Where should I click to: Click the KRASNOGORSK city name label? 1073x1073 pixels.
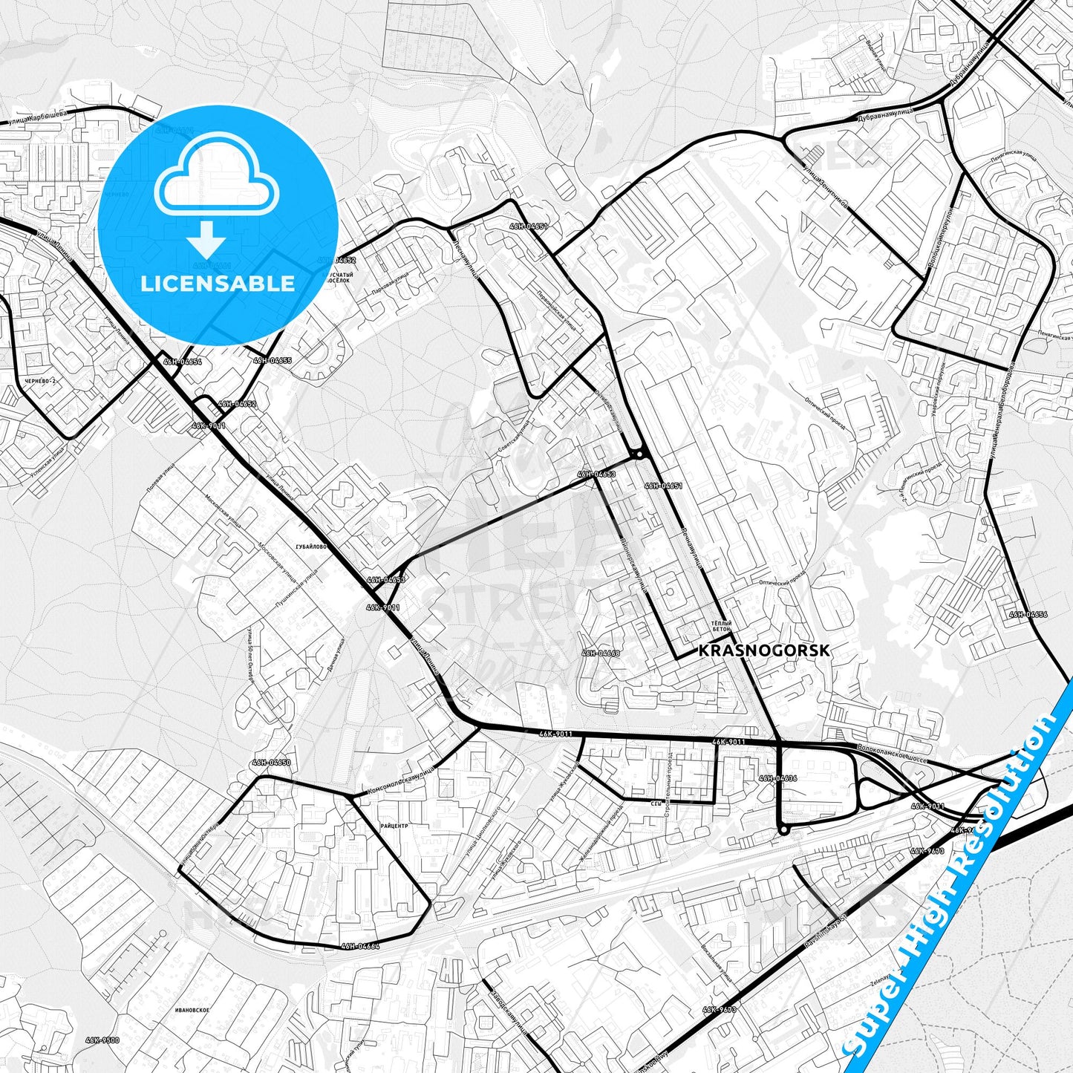click(764, 650)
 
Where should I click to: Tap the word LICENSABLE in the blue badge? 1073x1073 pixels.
click(218, 283)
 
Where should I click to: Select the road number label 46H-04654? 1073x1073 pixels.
click(183, 362)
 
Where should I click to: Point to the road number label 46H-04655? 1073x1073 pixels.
click(273, 360)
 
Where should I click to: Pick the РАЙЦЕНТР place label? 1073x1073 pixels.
click(394, 825)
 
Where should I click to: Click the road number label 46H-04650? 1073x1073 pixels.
click(271, 762)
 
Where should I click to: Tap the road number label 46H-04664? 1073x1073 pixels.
click(360, 945)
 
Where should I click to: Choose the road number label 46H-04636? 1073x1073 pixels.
click(777, 778)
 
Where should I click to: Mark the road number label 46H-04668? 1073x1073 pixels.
click(601, 653)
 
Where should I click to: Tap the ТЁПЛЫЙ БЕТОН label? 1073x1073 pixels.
click(722, 626)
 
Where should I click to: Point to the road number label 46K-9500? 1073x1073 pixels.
click(102, 1040)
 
